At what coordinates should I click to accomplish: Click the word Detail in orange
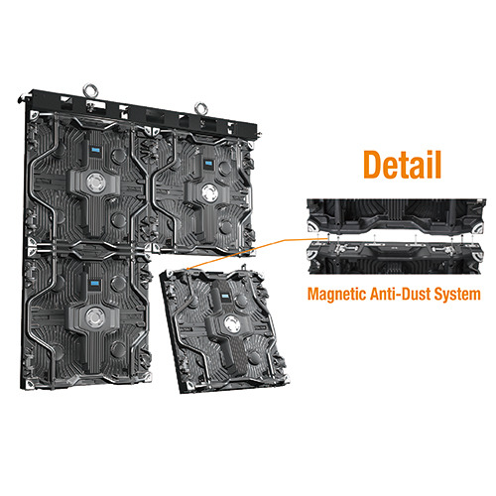click(x=403, y=165)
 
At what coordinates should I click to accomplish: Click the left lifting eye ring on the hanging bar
click(x=90, y=90)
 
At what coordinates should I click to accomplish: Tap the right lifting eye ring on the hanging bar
click(x=201, y=108)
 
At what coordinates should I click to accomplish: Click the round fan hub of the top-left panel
click(x=96, y=183)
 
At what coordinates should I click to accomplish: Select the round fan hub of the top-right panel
click(x=209, y=192)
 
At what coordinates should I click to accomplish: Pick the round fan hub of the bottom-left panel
click(x=95, y=316)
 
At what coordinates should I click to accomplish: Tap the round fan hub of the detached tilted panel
click(x=232, y=324)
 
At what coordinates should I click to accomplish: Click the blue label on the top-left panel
click(x=96, y=150)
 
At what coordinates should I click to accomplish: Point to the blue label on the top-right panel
click(x=208, y=163)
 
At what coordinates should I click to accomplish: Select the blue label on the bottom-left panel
click(x=95, y=284)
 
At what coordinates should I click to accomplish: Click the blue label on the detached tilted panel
click(x=226, y=297)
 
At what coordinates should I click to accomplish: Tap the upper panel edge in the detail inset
click(x=396, y=216)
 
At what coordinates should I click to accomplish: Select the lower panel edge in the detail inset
click(x=396, y=258)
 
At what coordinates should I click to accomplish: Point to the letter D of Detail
click(x=372, y=165)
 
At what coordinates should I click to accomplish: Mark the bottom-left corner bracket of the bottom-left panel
click(x=31, y=384)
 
